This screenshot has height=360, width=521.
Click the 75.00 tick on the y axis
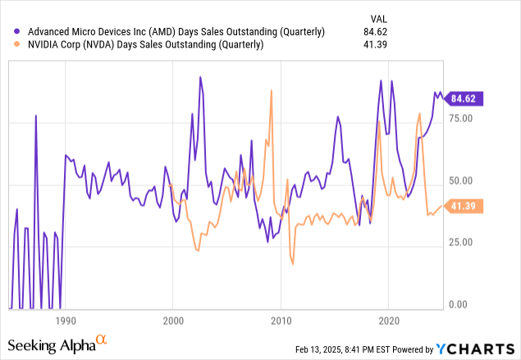click(463, 118)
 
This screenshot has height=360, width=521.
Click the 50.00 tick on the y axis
click(463, 180)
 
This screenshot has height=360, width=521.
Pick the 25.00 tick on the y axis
click(463, 243)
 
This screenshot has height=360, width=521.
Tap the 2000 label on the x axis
click(173, 320)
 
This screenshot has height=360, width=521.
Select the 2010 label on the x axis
click(281, 320)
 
